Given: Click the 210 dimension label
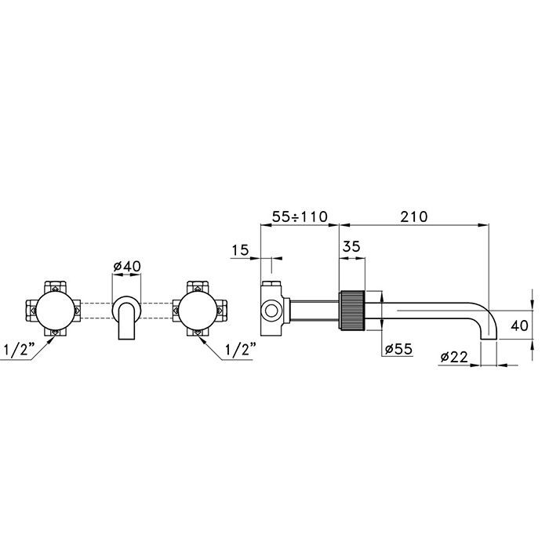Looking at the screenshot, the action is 414,216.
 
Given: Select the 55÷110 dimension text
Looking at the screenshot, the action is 300,216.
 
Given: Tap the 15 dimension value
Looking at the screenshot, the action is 240,250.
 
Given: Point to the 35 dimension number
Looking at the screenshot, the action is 351,246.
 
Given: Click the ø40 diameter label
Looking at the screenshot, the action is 127,266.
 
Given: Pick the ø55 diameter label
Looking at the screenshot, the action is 398,349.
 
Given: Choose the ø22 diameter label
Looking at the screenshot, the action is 454,357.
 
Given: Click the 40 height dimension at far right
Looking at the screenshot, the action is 519,325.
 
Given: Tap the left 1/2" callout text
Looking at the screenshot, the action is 20,350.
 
